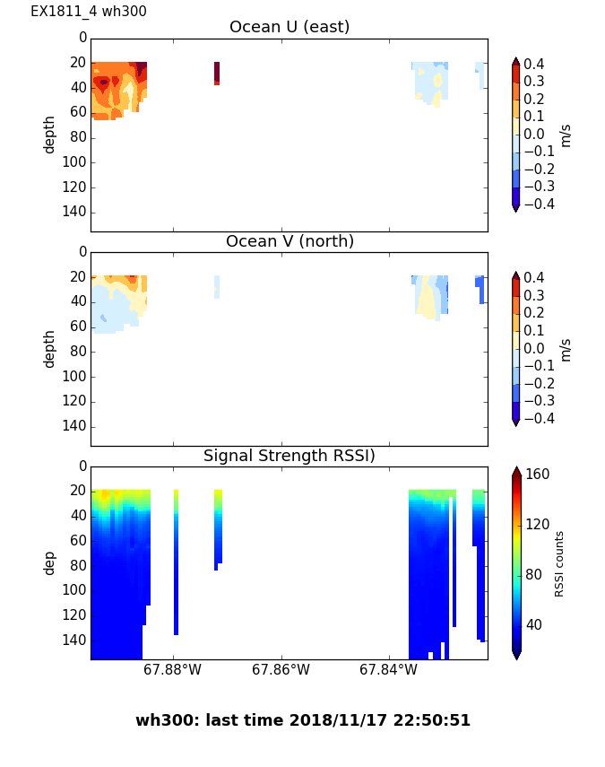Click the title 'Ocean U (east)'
pos(290,27)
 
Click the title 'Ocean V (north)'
pos(290,241)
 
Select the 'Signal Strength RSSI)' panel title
pos(290,456)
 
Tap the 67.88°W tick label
pos(172,670)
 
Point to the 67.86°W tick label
pos(281,670)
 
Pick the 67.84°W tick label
pos(388,670)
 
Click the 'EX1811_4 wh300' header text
pos(89,12)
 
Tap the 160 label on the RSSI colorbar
pos(538,475)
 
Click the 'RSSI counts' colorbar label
pos(560,563)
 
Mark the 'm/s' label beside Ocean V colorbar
pos(566,349)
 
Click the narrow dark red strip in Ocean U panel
pos(217,73)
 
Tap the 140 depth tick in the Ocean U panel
pos(76,212)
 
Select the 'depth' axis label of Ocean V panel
pos(50,348)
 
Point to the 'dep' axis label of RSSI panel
pos(50,562)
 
